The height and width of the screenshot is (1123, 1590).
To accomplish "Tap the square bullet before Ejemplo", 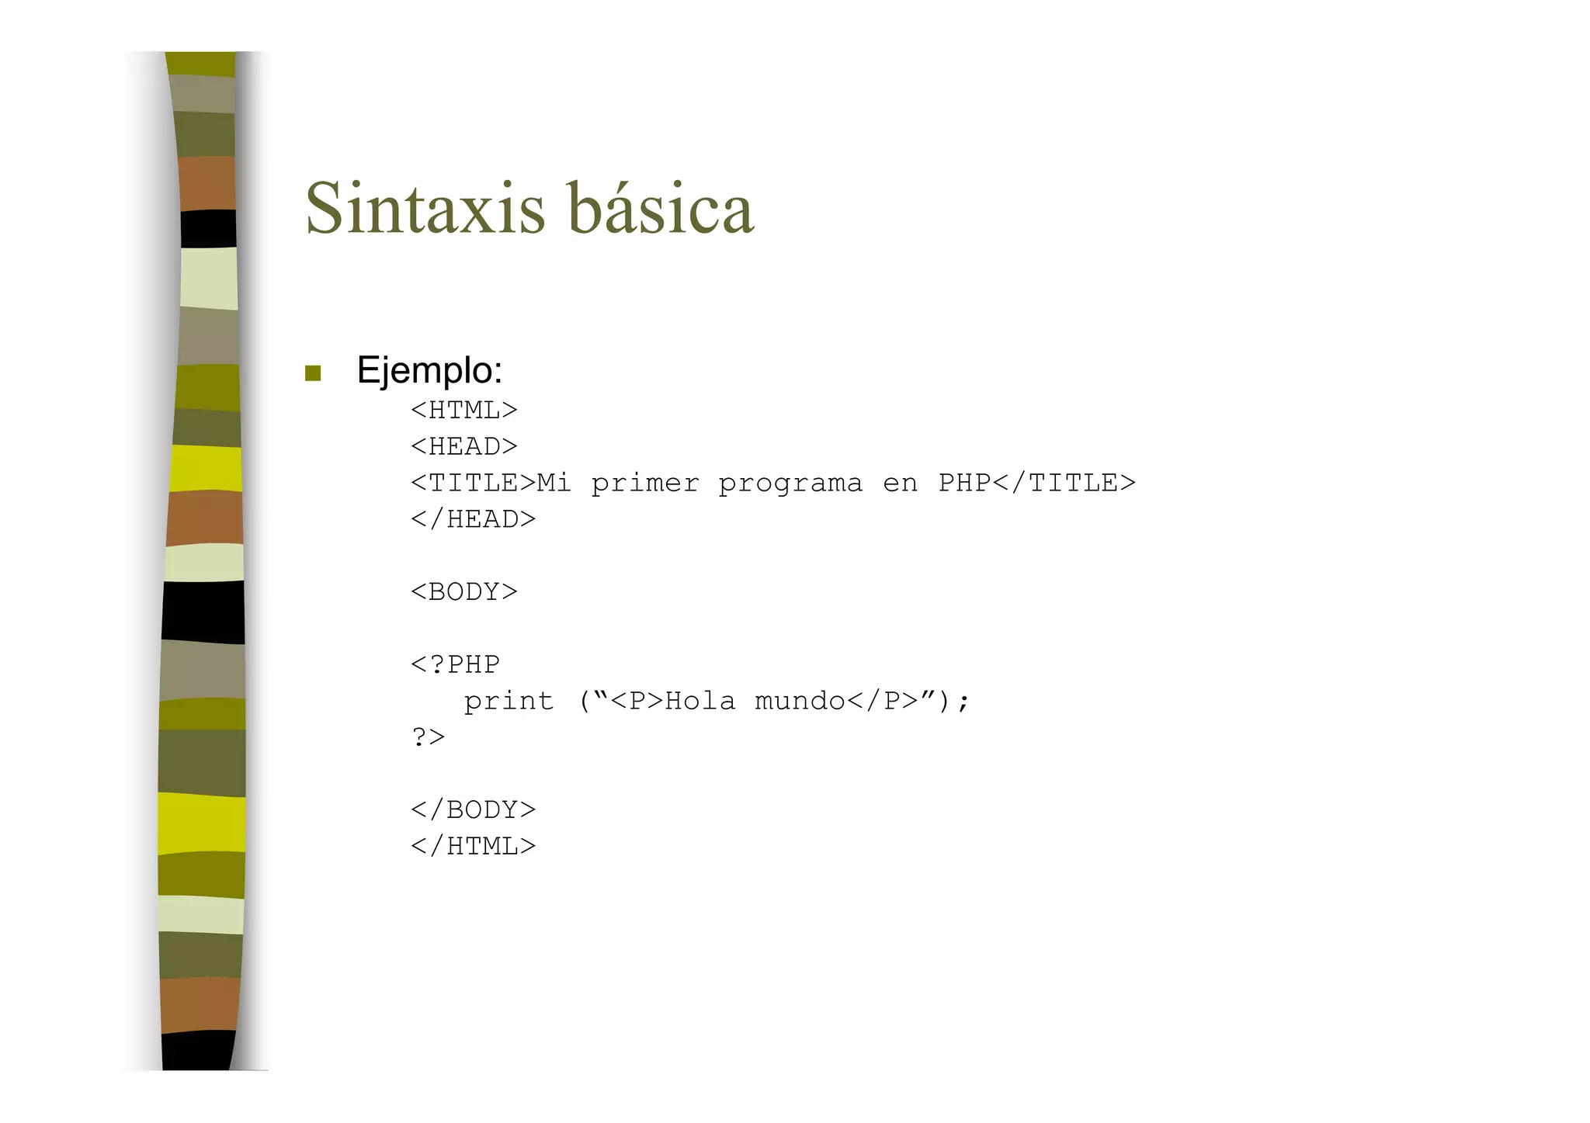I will coord(313,373).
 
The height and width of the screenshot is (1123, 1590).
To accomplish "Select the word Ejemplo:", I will coord(429,370).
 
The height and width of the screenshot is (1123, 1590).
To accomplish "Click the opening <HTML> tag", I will coord(463,410).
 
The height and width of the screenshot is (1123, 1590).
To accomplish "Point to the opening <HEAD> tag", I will coord(463,446).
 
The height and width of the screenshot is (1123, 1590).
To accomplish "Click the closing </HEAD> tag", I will coord(473,519).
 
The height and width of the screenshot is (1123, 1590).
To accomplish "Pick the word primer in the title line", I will coord(644,484).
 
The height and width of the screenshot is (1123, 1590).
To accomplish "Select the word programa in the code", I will coord(790,484).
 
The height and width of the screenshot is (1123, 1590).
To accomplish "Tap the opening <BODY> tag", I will coord(463,592).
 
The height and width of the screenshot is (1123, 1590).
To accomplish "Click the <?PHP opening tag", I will coord(455,664).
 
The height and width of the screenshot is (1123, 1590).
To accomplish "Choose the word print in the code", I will coord(509,702).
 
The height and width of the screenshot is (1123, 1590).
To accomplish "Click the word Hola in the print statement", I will coord(700,702).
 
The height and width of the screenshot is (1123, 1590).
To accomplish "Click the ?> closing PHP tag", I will coord(428,737).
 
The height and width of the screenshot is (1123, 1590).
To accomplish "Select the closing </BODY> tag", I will coord(473,809).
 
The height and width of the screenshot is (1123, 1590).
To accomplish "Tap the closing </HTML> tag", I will coord(473,846).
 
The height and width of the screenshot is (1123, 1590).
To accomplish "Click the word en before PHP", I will coord(900,484).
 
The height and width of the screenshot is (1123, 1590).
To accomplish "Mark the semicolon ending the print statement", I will coord(963,702).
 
